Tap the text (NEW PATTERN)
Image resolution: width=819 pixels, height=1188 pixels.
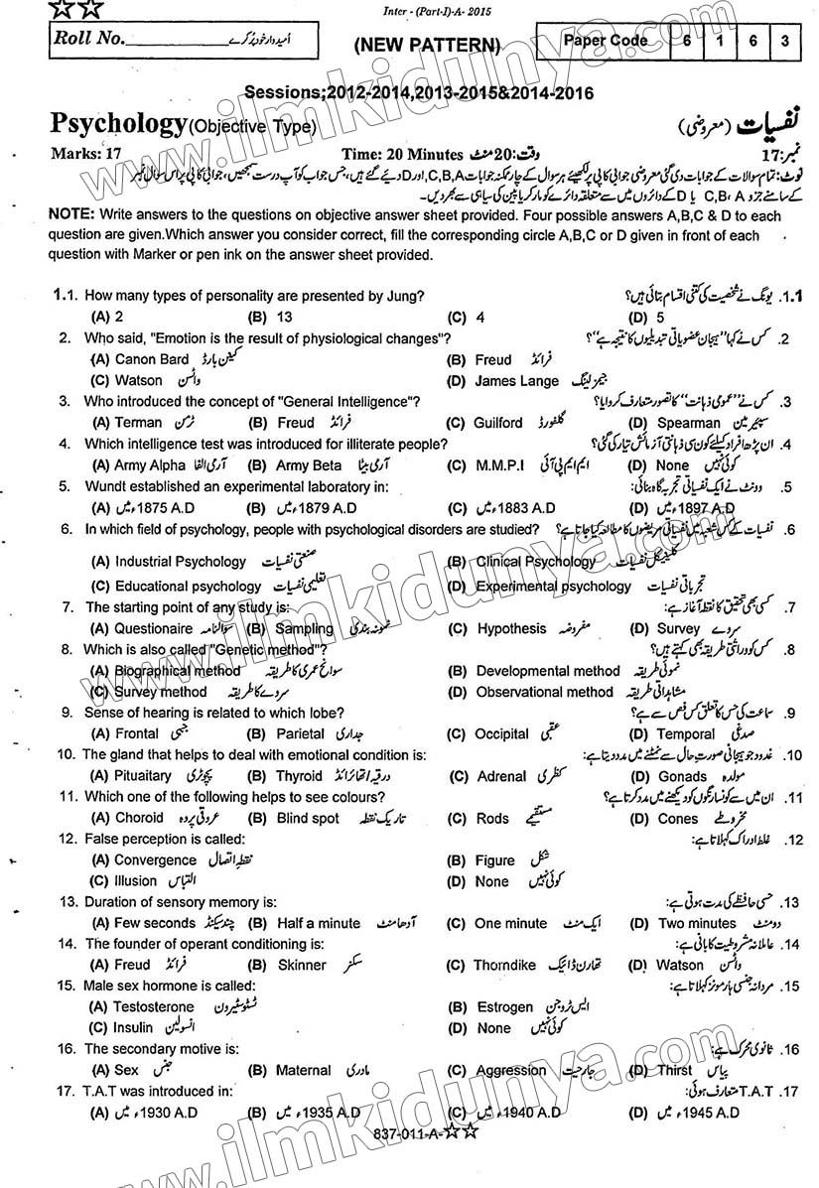[426, 45]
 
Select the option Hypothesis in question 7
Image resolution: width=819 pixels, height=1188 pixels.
[511, 628]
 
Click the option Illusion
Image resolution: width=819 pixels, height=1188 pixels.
[136, 880]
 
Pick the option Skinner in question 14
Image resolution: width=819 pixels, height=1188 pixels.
[302, 965]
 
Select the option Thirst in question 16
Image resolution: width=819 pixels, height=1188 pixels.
[675, 1070]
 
